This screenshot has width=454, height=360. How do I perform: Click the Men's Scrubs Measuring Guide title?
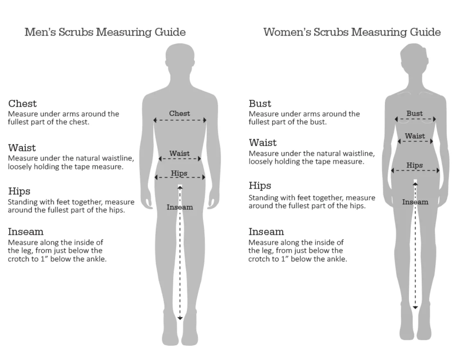[x=105, y=32]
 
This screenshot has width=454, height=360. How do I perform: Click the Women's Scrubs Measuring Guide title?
[x=352, y=32]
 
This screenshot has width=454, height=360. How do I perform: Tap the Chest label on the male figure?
[x=180, y=113]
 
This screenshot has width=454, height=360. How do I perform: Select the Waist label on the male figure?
[x=180, y=153]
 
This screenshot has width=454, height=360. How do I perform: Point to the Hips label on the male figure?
[x=179, y=173]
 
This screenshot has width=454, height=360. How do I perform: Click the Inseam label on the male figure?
[x=180, y=207]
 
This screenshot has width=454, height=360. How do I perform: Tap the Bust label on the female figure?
[x=415, y=113]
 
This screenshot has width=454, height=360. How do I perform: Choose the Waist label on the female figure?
[x=415, y=136]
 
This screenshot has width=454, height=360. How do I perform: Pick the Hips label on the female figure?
[x=415, y=165]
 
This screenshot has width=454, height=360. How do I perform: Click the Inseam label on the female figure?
[x=415, y=202]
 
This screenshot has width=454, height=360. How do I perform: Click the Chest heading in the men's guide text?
[x=23, y=103]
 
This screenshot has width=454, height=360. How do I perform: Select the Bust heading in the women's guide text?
[x=260, y=103]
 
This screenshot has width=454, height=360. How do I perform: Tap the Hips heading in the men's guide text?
[x=19, y=191]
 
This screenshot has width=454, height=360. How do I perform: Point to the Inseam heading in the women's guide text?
[x=266, y=232]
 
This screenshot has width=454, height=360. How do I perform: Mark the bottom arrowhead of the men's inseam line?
[x=180, y=318]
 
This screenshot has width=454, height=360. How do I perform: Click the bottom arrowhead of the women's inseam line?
[x=415, y=307]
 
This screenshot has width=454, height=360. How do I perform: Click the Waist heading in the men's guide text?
[x=22, y=148]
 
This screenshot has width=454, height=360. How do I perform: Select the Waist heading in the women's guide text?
[x=263, y=143]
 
